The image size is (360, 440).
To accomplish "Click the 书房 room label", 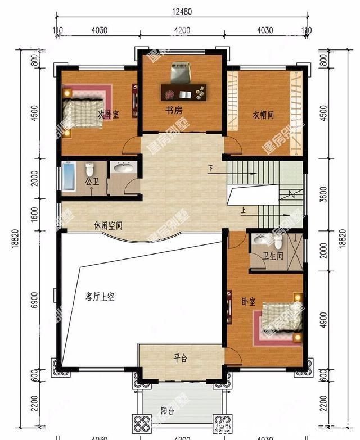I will tap(173, 111).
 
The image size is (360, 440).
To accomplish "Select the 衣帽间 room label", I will tap(262, 115).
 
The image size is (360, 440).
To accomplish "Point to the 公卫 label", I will tap(91, 182).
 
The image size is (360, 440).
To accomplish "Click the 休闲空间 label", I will tap(109, 226).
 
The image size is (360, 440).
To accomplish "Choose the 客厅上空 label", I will tap(100, 297).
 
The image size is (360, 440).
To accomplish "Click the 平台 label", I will tap(179, 359).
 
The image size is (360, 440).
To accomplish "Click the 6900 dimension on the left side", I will tap(35, 300).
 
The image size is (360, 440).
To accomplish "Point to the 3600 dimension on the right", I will tap(322, 194).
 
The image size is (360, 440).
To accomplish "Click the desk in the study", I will tap(184, 90).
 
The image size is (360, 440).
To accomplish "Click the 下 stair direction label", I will tap(210, 169).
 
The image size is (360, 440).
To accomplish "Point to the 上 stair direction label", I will tap(243, 211).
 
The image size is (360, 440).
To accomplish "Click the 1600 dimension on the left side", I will tap(35, 214).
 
